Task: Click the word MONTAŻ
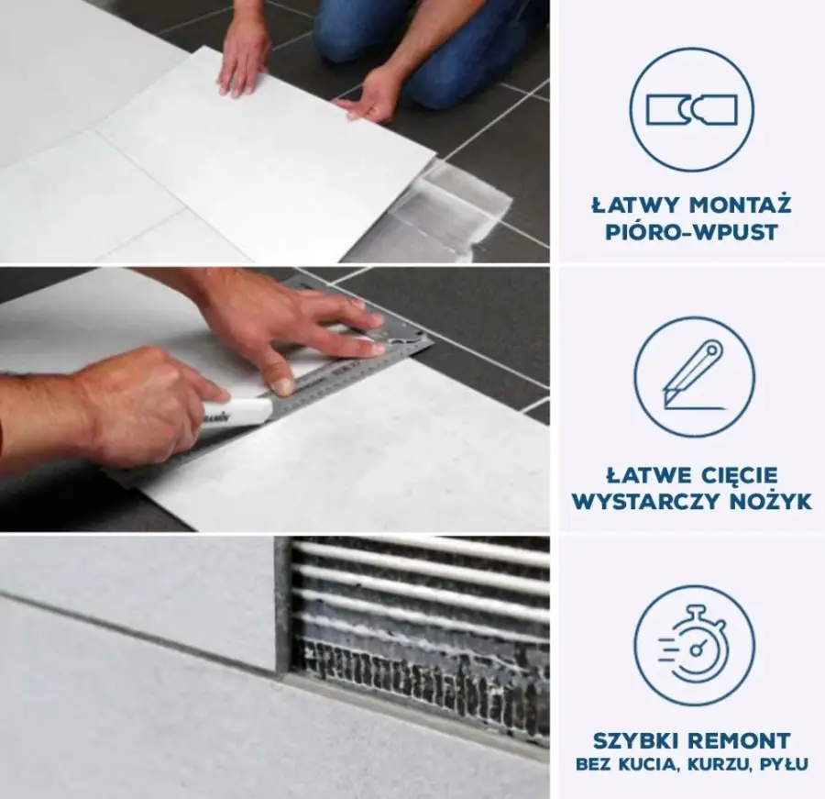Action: point(740,205)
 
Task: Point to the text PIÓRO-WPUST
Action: point(691,232)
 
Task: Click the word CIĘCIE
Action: point(740,475)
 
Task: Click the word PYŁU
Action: point(784,764)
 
